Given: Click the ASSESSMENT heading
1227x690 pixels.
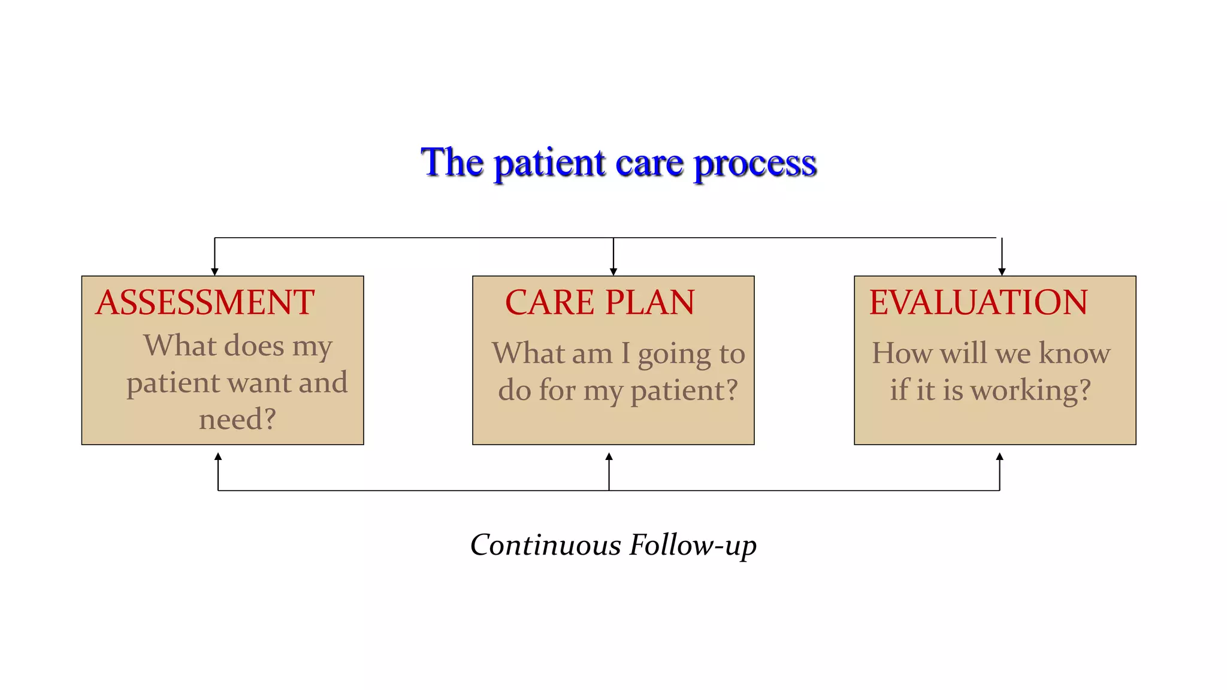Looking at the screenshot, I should point(205,302).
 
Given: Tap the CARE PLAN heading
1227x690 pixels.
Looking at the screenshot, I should point(600,302).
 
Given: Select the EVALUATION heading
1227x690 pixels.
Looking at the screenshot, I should point(978,302).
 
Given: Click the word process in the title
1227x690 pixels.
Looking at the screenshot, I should point(755,164).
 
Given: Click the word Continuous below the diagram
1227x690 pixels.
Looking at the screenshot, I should point(545,545).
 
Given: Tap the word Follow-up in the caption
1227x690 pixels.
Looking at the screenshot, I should point(693,545).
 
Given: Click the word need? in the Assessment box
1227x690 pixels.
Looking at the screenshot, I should point(237,419).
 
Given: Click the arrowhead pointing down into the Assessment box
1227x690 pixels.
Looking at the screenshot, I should point(214,272).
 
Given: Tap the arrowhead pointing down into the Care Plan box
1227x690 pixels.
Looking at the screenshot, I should point(613,272).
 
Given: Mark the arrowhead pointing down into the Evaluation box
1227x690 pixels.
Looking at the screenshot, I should point(1002,272).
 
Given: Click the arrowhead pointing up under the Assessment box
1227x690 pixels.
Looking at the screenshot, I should point(218,456).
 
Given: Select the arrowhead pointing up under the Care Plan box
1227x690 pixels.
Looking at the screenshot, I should point(609,456).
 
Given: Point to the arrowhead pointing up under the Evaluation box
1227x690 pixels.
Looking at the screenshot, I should point(999,456).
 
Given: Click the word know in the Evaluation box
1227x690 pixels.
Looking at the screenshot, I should point(1074,353).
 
